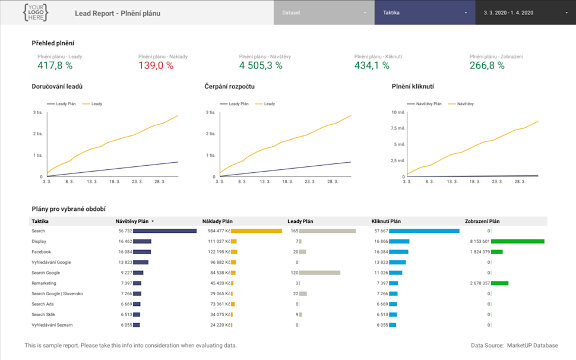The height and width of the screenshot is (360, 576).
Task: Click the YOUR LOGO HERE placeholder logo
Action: tap(36, 12)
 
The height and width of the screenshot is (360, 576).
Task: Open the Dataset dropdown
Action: tap(324, 12)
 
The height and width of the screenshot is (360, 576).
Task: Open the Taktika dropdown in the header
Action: tap(425, 12)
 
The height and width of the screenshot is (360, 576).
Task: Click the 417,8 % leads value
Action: tap(55, 65)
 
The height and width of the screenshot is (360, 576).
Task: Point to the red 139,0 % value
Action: tap(156, 65)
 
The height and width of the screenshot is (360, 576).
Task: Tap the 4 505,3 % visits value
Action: tap(261, 65)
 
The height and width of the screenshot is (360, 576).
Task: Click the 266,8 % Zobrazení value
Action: tap(487, 65)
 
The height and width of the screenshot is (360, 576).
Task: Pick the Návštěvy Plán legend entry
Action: tap(429, 104)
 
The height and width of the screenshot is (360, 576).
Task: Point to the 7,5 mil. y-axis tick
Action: tap(398, 128)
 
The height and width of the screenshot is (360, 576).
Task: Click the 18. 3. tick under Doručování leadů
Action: tap(115, 182)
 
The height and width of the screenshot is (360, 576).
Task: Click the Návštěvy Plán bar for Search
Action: tap(164, 231)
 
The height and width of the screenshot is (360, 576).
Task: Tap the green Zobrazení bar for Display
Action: tap(517, 241)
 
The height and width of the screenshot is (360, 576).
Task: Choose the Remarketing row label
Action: tap(43, 283)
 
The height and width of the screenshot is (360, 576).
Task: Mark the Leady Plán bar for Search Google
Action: tap(319, 273)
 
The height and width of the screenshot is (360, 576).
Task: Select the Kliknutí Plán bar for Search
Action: tap(424, 231)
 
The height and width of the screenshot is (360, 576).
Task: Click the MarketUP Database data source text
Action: tap(533, 345)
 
